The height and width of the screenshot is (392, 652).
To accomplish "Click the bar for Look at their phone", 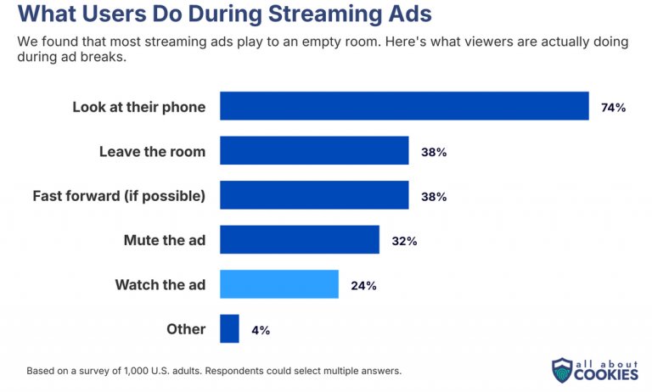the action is (x=404, y=106).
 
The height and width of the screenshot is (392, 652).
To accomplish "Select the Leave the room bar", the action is (x=314, y=150).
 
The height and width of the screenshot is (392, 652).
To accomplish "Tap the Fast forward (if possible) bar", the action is (x=314, y=195).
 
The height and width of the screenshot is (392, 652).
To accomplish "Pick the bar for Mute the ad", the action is (x=300, y=239).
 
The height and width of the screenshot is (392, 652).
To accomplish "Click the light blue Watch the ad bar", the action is (x=279, y=284).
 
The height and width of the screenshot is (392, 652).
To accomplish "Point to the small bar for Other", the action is (x=229, y=328).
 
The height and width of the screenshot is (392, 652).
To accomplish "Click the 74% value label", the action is (x=613, y=108).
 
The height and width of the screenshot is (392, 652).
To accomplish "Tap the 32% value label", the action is (x=404, y=241).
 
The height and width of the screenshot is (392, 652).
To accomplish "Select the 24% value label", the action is (x=363, y=286).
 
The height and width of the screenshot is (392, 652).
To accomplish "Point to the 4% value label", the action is (x=261, y=330).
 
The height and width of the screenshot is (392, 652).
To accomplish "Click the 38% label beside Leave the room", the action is (x=434, y=152).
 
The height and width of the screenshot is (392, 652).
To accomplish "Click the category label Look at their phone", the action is (x=139, y=107).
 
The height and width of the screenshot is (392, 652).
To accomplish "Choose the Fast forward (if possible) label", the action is (x=119, y=196).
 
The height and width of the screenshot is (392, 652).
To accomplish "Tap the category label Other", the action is (x=186, y=329).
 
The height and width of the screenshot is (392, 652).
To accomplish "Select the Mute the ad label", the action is (x=165, y=240).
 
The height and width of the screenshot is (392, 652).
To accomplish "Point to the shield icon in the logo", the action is (x=562, y=370).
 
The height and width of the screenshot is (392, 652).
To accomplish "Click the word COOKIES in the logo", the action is (x=606, y=374).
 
